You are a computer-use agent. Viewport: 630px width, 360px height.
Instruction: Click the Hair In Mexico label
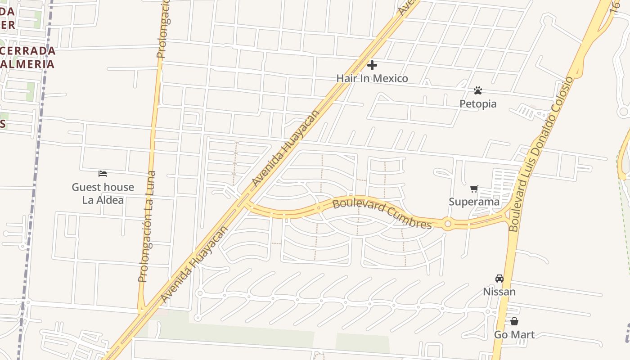[x=372, y=78]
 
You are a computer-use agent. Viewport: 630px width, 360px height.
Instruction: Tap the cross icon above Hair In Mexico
[x=372, y=66]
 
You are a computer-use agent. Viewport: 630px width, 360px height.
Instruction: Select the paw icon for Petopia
[x=478, y=91]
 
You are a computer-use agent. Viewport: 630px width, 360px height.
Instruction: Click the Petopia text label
[x=478, y=104]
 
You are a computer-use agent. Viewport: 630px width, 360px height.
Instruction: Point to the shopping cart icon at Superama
[x=474, y=189]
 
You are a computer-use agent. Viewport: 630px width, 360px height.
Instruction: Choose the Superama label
[x=474, y=202]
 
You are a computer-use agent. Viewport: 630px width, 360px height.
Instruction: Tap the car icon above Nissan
[x=499, y=279]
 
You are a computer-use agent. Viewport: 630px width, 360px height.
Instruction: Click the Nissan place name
[x=499, y=292]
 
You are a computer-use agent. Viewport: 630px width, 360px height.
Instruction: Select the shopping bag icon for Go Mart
[x=514, y=321]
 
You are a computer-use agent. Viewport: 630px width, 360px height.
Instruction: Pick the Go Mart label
[x=514, y=334]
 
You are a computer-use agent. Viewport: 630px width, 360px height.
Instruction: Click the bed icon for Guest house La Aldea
[x=103, y=174]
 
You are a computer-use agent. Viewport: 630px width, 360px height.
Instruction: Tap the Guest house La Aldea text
[x=103, y=193]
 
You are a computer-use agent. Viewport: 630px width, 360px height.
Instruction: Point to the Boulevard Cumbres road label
[x=382, y=213]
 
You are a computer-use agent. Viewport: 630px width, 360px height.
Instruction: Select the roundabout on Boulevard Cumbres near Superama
[x=447, y=224]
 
